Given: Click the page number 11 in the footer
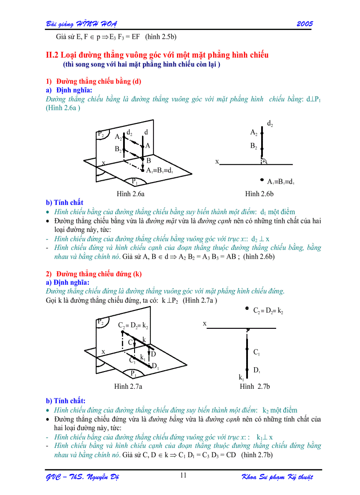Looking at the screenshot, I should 184,475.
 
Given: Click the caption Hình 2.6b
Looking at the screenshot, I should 259,194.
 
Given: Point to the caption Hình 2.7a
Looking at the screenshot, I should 127,387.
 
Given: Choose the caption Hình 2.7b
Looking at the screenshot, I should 255,387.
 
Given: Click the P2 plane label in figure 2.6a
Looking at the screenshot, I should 101,134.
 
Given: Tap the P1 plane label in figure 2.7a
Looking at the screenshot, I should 134,373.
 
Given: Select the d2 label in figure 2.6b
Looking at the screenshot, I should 270,124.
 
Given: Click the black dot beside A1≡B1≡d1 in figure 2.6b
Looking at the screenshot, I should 262,180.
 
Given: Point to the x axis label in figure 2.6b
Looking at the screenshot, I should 217,162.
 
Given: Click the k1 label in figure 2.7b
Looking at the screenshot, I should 241,377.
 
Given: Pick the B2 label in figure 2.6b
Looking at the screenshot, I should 254,146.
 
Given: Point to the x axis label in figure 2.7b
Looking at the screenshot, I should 205,324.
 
